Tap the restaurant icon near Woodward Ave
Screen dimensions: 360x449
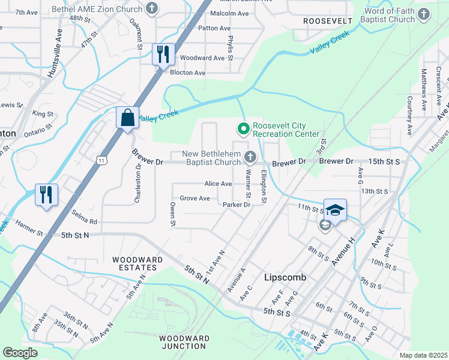(x=163, y=55)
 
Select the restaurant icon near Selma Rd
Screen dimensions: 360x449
(x=46, y=195)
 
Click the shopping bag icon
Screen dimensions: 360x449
(x=128, y=118)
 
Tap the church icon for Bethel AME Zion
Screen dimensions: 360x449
(x=152, y=9)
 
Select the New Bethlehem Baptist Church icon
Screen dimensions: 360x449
(x=251, y=158)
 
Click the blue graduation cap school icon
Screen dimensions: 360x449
(x=336, y=210)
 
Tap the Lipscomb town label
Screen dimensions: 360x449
(x=285, y=278)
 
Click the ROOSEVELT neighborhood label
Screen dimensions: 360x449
(x=327, y=20)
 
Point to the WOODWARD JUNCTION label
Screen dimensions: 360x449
(x=184, y=342)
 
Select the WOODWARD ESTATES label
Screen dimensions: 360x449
(x=138, y=263)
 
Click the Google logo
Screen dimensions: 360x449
(x=20, y=353)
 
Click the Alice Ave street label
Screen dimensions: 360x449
(x=218, y=184)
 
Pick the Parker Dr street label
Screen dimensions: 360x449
(x=236, y=205)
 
